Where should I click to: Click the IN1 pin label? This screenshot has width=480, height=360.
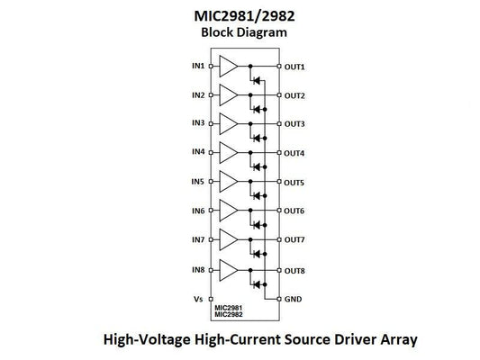(x=197, y=66)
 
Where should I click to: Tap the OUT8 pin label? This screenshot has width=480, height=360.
(x=294, y=270)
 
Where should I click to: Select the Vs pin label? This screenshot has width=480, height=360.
(x=199, y=299)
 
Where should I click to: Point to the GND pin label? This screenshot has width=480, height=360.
(x=294, y=299)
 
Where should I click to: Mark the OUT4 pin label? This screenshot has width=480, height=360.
(x=294, y=153)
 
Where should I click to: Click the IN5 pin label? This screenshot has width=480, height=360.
(x=197, y=183)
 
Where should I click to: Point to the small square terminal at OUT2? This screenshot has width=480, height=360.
(x=279, y=94)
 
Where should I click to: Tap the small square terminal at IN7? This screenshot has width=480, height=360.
(x=211, y=240)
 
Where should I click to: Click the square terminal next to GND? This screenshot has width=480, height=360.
(x=279, y=299)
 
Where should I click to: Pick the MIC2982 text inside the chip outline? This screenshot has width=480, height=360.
(x=229, y=314)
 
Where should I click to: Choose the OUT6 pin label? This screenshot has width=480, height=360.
(x=294, y=211)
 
